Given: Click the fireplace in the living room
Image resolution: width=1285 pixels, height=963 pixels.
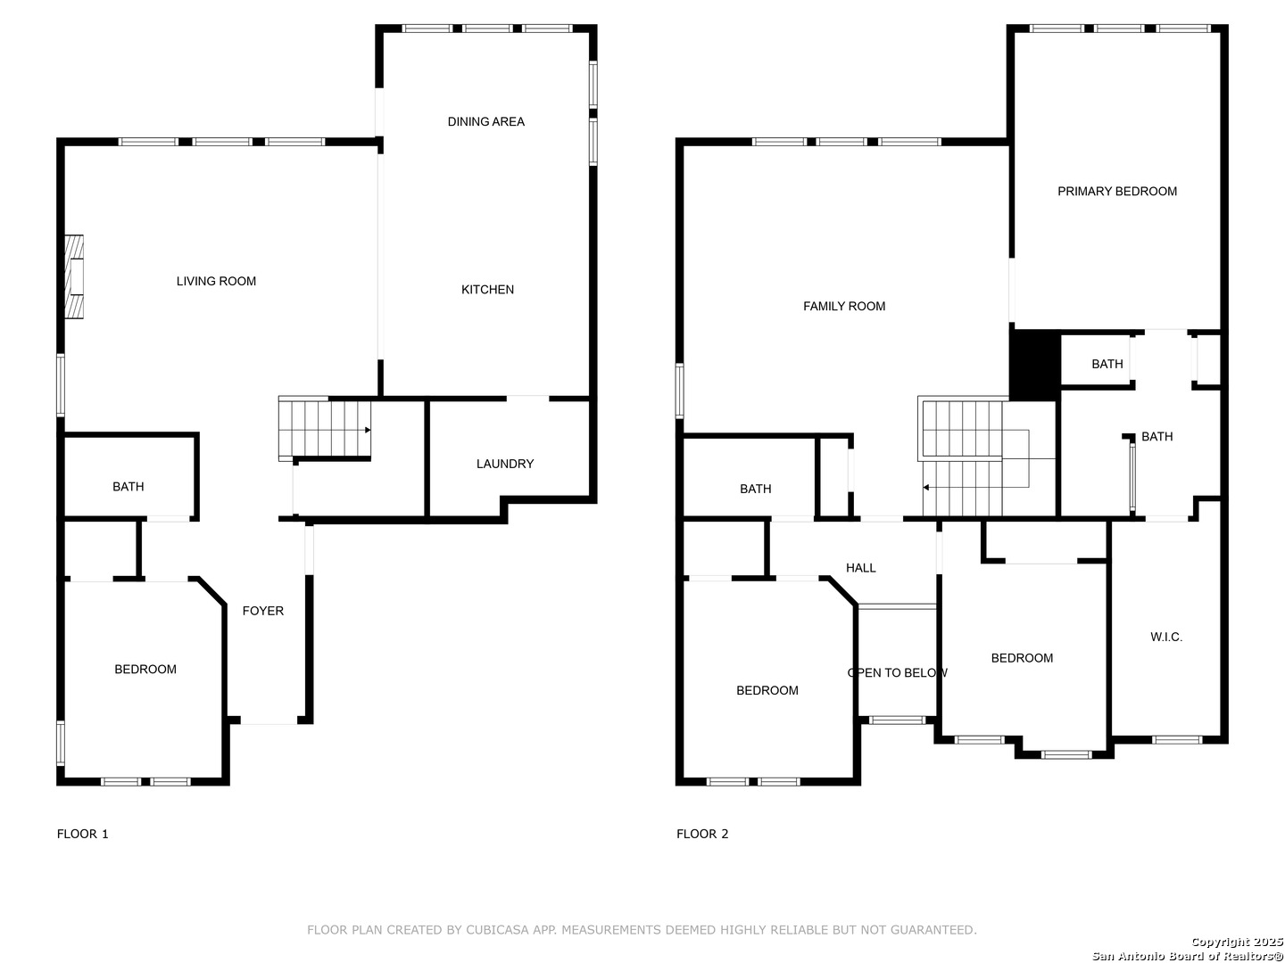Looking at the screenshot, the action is [74, 276].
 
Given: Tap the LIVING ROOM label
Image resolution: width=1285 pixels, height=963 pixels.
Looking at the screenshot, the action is [216, 281].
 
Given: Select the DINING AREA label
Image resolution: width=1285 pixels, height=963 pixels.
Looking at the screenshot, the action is [486, 121].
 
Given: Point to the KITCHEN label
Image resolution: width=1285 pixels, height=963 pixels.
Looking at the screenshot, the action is [487, 290].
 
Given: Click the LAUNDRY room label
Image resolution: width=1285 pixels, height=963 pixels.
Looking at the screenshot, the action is [505, 464].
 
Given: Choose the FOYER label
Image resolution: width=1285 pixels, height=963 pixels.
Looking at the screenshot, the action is [263, 611].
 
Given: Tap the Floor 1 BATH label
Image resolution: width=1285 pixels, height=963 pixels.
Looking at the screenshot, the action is [128, 487].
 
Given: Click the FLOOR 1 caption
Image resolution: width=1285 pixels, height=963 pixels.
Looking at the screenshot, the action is [83, 834].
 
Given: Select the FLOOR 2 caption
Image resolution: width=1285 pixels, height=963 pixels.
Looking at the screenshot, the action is [702, 834].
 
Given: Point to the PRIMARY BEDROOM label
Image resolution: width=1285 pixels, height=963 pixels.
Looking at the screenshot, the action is [1117, 191].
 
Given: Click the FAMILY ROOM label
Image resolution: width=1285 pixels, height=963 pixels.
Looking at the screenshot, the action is [844, 306].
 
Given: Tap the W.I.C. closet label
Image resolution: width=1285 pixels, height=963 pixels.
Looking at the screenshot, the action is [1166, 637].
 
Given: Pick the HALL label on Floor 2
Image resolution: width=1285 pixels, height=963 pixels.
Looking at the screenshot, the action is [860, 568].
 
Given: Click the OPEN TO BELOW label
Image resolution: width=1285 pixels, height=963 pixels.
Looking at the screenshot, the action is [898, 672].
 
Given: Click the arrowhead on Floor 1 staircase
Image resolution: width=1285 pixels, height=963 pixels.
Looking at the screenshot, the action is [368, 430].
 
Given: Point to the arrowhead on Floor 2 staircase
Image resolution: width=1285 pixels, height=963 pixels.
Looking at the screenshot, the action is [926, 487].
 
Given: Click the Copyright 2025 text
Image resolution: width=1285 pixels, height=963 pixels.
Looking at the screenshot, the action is [1237, 941].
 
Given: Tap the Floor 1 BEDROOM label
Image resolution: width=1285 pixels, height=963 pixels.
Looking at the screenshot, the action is [145, 669].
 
